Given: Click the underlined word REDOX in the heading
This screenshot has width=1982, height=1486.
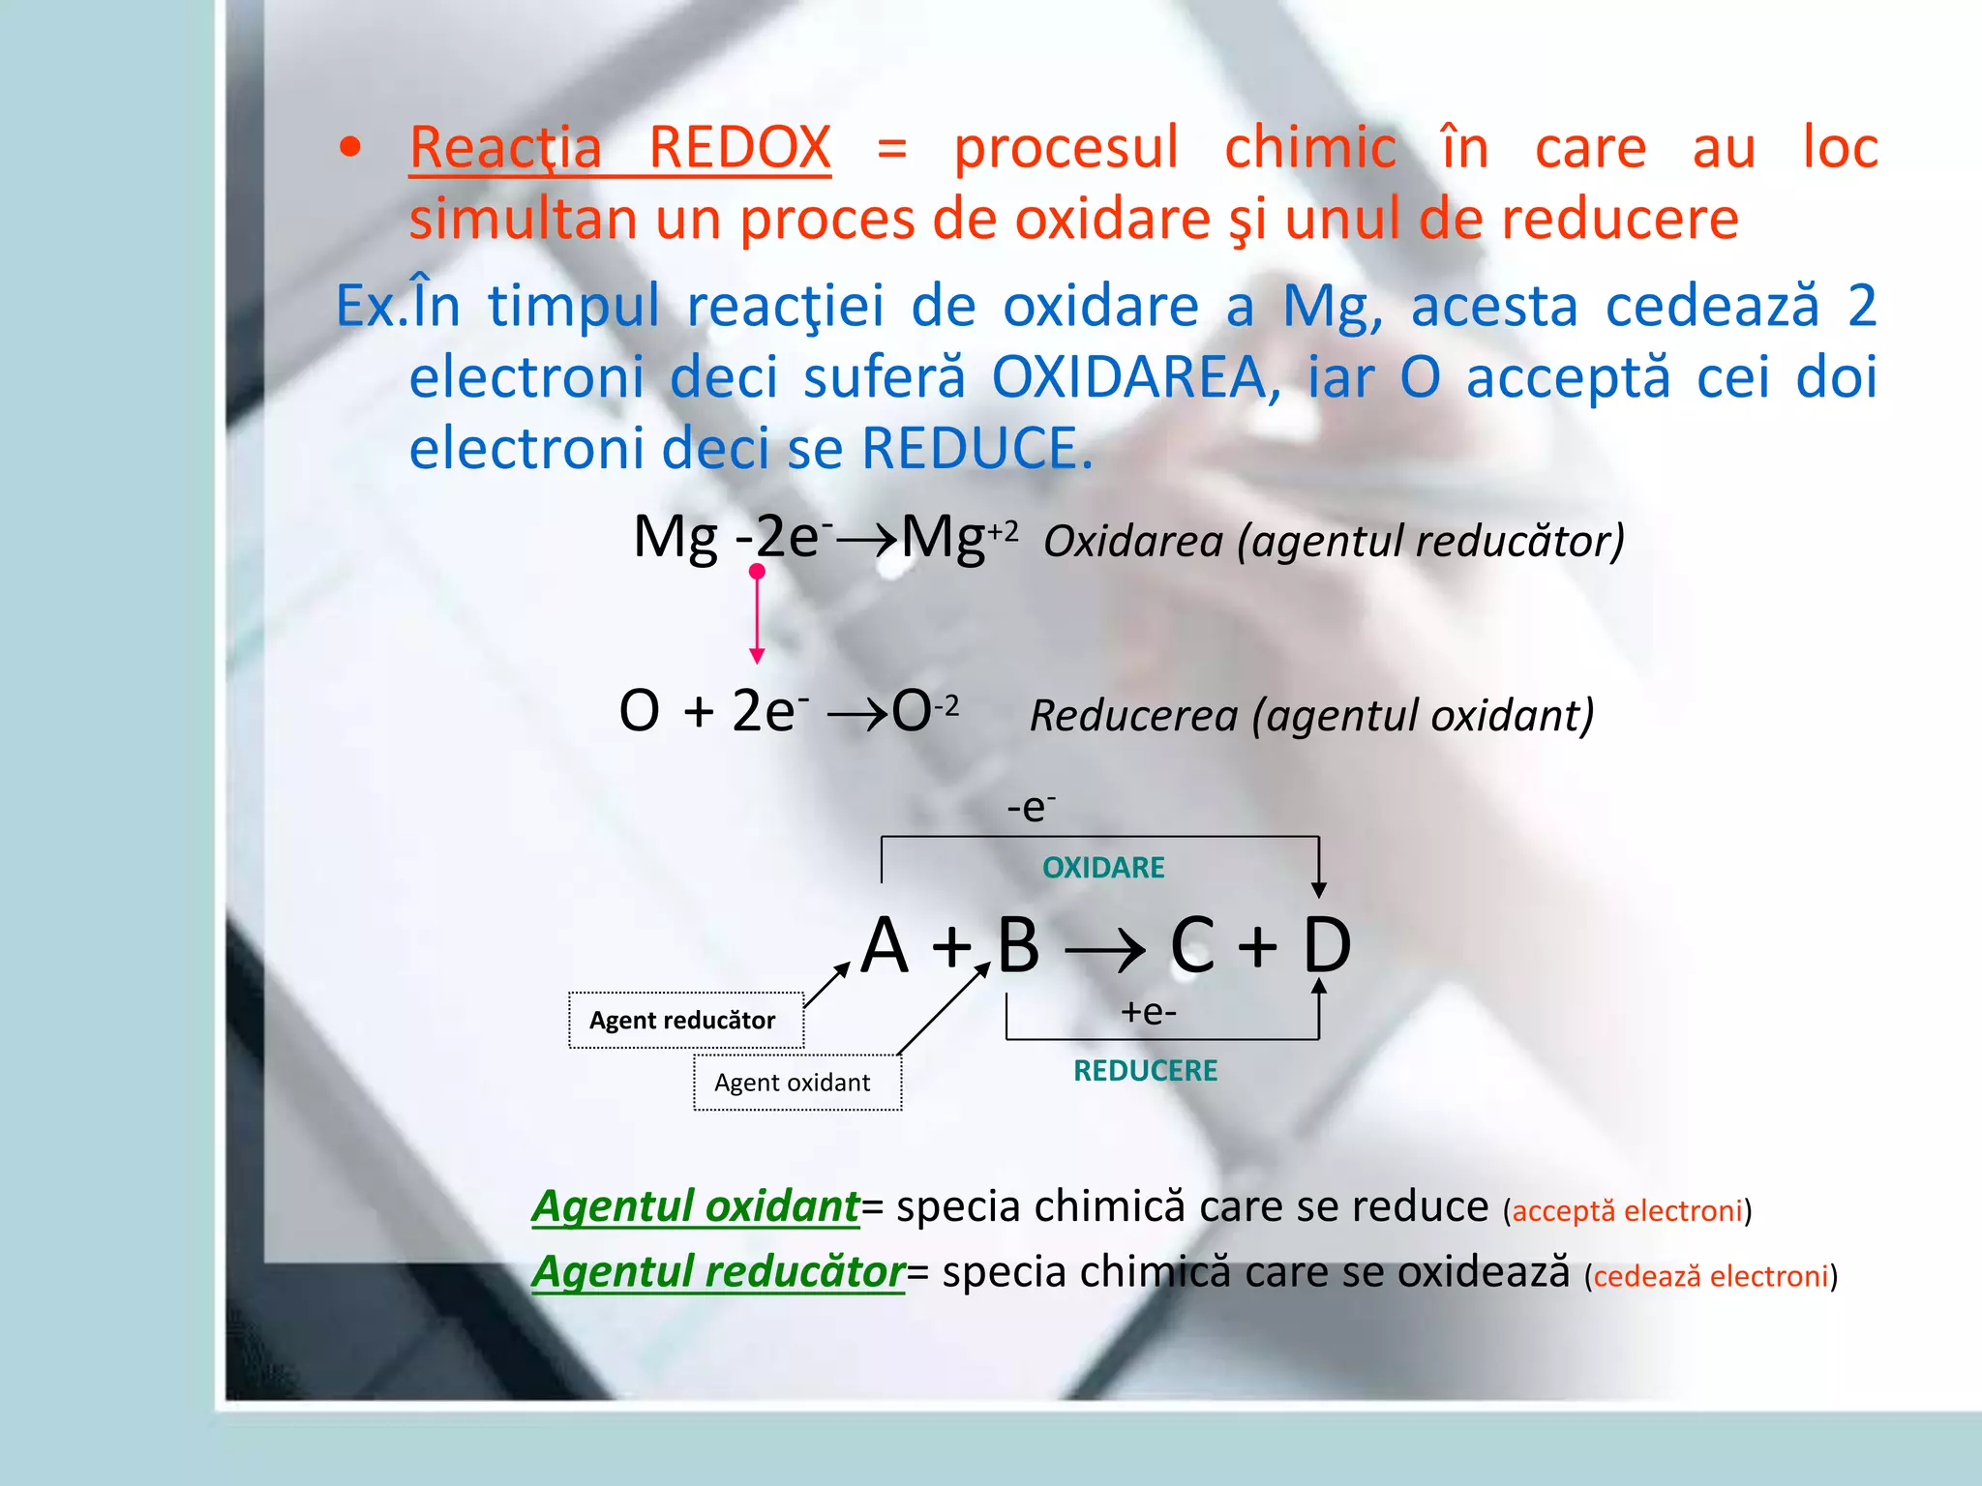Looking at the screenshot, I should (738, 149).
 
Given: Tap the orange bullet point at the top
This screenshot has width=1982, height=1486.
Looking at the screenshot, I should (350, 148).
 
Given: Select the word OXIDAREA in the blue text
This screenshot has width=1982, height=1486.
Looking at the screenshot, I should (1129, 376).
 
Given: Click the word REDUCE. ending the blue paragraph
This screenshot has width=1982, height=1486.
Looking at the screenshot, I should (977, 448).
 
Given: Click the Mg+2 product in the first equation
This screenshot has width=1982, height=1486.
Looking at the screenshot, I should (958, 537).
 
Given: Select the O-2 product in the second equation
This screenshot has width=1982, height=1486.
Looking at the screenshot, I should (923, 711).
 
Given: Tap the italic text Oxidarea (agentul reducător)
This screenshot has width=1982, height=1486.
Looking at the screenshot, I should (1334, 541).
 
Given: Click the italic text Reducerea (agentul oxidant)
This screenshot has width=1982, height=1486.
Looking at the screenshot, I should (1311, 716).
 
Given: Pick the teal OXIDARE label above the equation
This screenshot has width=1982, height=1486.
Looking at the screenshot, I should (1103, 867).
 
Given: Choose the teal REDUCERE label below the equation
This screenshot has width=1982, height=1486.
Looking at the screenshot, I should (1145, 1070).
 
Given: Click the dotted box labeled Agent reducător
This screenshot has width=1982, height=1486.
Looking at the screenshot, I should (685, 1020).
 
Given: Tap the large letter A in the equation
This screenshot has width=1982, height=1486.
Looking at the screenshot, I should (886, 945).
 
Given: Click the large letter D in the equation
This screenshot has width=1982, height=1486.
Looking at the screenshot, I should (1327, 945).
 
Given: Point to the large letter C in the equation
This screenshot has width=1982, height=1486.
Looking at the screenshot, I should (1191, 945).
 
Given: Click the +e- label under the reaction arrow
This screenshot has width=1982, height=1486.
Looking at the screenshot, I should (1148, 1012).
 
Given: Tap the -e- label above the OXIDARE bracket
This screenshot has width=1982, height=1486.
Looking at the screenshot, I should (1031, 807).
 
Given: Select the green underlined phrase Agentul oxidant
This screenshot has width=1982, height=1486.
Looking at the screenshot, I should (695, 1205).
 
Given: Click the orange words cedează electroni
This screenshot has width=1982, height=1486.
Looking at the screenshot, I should (1711, 1276).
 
